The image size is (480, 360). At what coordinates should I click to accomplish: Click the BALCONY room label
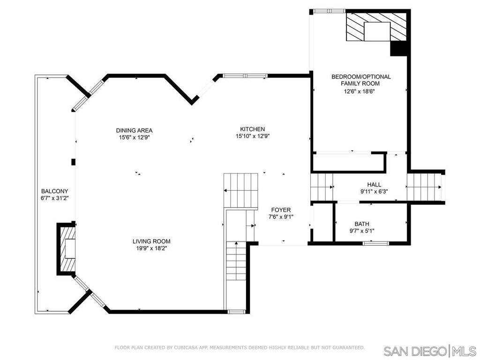pos(54,191)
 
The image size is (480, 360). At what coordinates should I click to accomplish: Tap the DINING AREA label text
pos(135,130)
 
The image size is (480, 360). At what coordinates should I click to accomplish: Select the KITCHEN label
pos(253,129)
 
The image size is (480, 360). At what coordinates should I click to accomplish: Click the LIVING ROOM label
pos(149,241)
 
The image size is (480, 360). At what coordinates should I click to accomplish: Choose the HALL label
pos(374,185)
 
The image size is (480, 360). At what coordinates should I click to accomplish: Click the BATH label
pos(361,224)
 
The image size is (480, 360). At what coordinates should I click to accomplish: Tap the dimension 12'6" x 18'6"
pos(361,91)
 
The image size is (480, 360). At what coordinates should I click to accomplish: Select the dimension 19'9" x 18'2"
pos(149,248)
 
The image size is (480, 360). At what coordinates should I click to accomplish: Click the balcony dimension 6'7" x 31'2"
pos(54,198)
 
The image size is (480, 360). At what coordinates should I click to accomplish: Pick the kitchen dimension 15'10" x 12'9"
pos(253,136)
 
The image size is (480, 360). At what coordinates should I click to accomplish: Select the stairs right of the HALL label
pos(424,187)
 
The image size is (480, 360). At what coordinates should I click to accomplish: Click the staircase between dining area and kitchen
pos(241,190)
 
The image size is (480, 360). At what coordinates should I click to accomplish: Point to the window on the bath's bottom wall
pos(376,243)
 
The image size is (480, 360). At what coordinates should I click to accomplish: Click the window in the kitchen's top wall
pos(245,75)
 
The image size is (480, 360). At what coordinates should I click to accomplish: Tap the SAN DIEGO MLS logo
pos(429,351)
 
